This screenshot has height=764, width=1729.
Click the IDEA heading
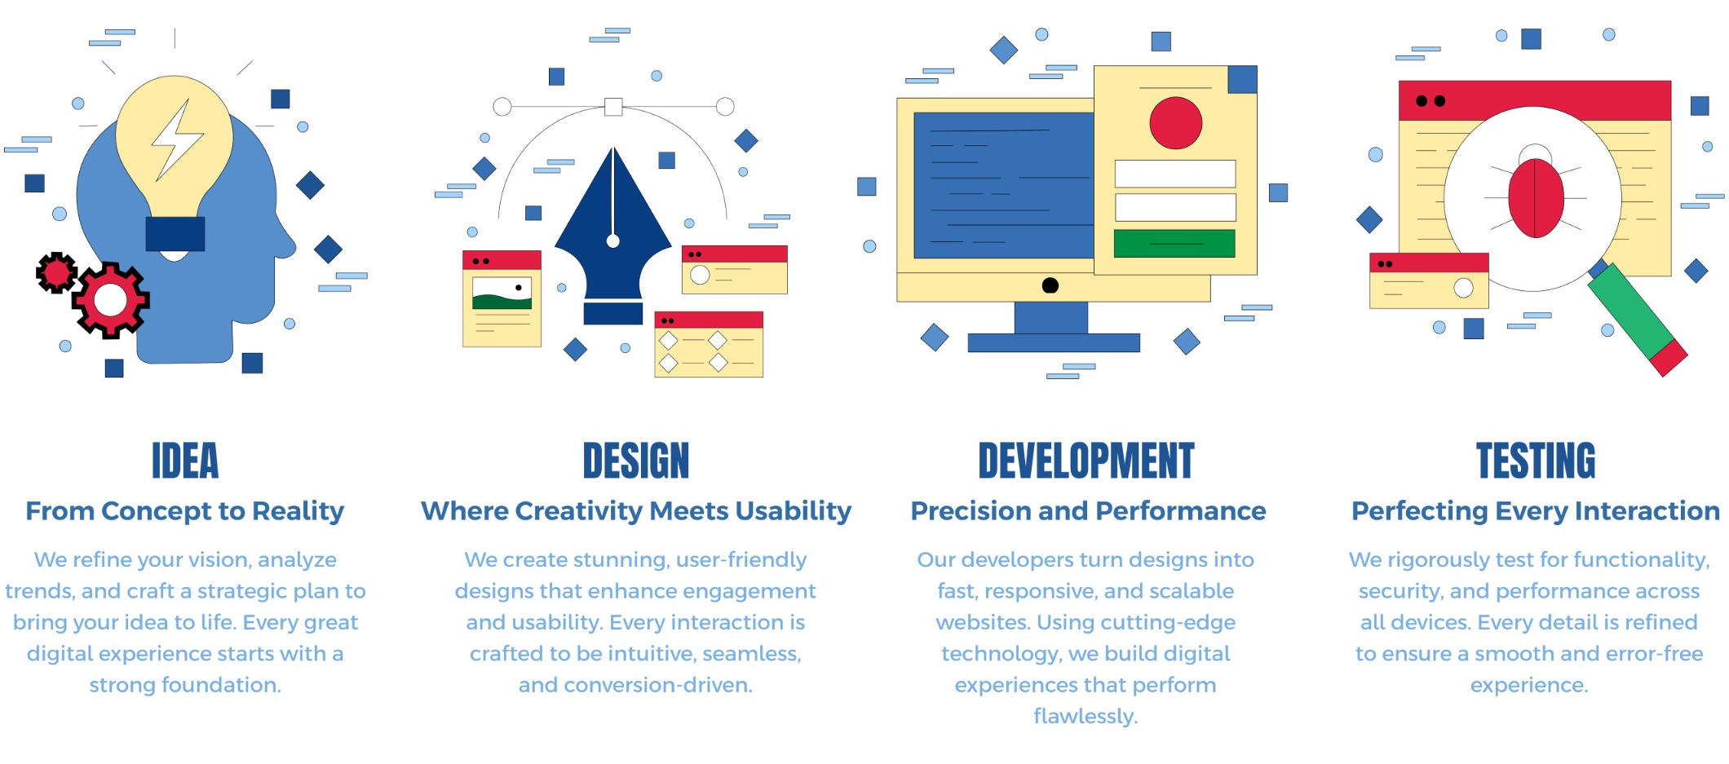pyautogui.click(x=185, y=461)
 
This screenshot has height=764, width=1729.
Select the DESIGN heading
pyautogui.click(x=636, y=461)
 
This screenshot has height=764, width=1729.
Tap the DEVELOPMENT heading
pyautogui.click(x=1086, y=461)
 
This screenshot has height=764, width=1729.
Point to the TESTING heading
pyautogui.click(x=1536, y=461)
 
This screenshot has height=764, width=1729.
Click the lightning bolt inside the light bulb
pyautogui.click(x=175, y=140)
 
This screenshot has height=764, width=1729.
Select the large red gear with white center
pyautogui.click(x=111, y=300)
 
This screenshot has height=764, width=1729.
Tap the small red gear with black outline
pyautogui.click(x=56, y=273)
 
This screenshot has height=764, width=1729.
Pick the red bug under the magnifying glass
pyautogui.click(x=1536, y=197)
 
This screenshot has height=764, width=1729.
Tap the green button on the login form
pyautogui.click(x=1174, y=243)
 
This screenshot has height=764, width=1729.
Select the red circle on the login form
pyautogui.click(x=1175, y=123)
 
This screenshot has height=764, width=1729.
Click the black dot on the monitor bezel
pyautogui.click(x=1050, y=285)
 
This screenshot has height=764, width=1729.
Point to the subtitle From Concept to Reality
pyautogui.click(x=185, y=511)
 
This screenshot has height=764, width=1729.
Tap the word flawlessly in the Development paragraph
pyautogui.click(x=1086, y=717)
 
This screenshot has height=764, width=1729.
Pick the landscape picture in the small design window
pyautogui.click(x=502, y=293)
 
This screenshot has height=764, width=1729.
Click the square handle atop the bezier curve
pyautogui.click(x=613, y=106)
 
